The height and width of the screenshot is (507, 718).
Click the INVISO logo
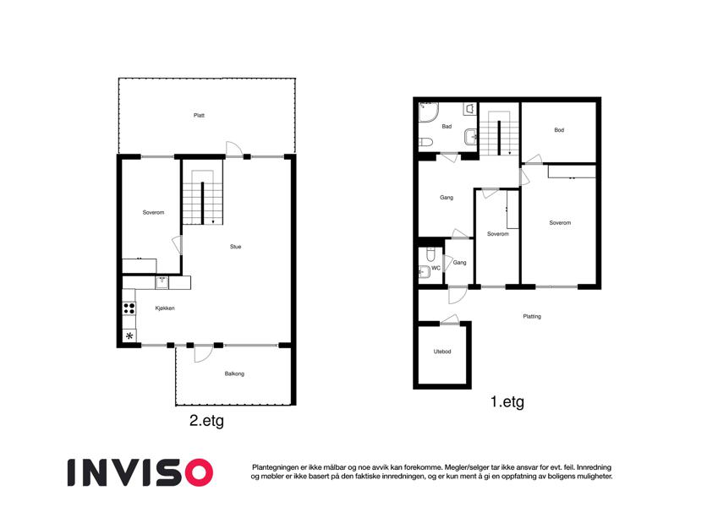[140, 472]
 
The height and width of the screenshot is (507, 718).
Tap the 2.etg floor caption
[206, 421]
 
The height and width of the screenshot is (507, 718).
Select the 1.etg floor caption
[507, 401]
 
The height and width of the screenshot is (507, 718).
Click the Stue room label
[235, 247]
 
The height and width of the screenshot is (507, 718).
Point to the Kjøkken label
[165, 308]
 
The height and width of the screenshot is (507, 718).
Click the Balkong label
[234, 373]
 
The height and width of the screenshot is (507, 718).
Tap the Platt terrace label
[199, 115]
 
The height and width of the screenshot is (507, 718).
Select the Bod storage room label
[559, 130]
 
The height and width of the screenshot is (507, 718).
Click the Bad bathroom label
[447, 126]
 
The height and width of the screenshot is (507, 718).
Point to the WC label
[436, 268]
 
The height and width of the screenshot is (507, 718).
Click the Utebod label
[442, 352]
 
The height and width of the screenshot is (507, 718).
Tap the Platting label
[532, 316]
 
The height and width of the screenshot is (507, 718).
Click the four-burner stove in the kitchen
[129, 308]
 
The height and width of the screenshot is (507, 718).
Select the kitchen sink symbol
[162, 282]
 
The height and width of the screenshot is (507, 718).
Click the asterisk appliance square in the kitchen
[129, 335]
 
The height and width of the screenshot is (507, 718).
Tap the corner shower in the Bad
[429, 112]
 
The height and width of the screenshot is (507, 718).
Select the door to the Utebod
[450, 320]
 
